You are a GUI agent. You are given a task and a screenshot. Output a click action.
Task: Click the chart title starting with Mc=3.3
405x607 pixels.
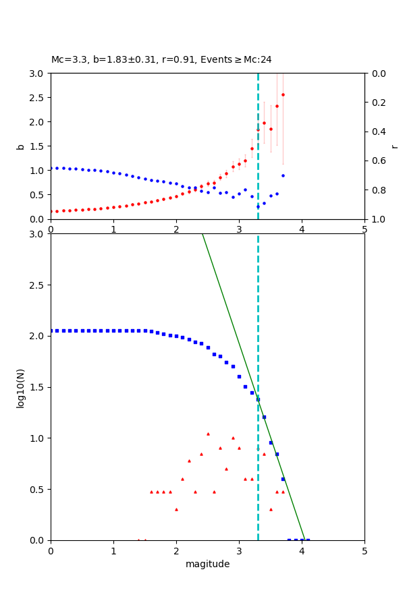click(161, 60)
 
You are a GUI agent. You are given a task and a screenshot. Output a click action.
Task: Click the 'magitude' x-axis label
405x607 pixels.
click(207, 564)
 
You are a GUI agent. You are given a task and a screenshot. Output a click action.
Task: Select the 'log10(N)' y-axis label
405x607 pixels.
click(21, 387)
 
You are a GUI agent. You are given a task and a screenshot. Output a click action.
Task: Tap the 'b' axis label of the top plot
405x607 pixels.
click(21, 146)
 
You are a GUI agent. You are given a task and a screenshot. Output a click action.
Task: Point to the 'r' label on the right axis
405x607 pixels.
click(394, 146)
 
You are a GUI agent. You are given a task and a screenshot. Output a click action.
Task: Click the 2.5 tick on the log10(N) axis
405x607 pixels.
click(38, 285)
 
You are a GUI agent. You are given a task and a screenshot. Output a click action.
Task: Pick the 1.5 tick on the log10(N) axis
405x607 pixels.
click(38, 387)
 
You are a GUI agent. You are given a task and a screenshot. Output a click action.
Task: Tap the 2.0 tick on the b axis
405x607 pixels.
click(38, 121)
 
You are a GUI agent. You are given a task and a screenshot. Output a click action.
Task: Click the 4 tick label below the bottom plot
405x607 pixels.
click(302, 551)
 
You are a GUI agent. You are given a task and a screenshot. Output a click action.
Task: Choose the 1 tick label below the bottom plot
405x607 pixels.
click(113, 551)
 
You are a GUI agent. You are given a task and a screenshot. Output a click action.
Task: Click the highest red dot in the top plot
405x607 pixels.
click(283, 94)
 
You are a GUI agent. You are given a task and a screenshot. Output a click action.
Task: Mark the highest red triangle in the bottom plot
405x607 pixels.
click(208, 434)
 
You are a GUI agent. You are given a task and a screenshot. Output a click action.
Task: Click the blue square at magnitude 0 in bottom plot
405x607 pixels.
click(51, 330)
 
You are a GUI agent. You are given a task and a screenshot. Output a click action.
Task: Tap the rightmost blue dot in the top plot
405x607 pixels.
click(283, 175)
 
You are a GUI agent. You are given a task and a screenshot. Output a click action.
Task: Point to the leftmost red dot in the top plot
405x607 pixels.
click(51, 211)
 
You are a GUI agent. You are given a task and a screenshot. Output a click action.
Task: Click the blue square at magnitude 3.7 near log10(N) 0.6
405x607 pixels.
click(283, 479)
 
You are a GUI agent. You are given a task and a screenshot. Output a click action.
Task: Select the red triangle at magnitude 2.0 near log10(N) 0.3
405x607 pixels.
click(176, 509)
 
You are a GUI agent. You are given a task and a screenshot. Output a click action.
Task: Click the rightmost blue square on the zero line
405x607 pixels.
click(308, 540)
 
